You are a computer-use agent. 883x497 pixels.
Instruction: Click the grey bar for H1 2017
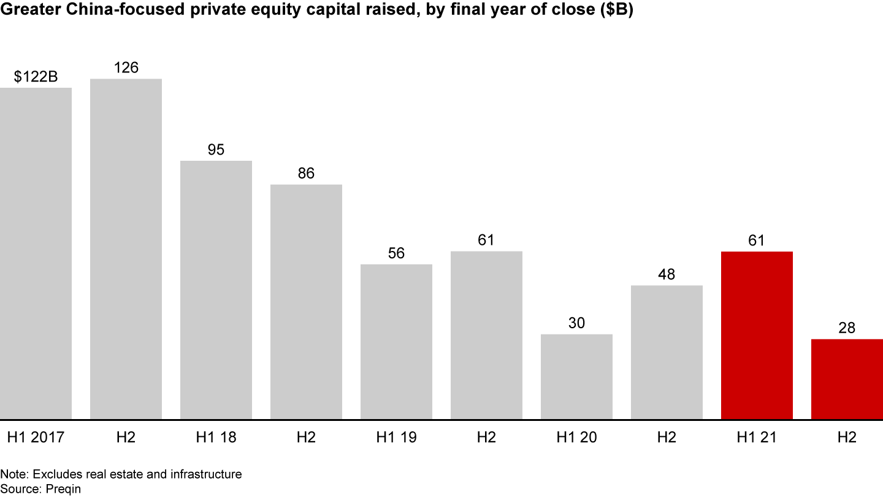(36, 253)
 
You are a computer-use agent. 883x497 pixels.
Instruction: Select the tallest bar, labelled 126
(126, 249)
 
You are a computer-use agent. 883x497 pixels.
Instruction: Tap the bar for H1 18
(216, 290)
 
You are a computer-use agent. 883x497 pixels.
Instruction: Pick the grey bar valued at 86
(306, 302)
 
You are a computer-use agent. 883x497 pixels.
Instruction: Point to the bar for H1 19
(396, 342)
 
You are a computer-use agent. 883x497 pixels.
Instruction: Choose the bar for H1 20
(576, 377)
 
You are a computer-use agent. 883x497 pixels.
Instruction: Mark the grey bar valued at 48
(667, 352)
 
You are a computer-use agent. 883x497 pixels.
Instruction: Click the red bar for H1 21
(757, 336)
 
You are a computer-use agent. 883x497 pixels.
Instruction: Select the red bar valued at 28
(847, 379)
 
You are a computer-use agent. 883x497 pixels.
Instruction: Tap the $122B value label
(36, 77)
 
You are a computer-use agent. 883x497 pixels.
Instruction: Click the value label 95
(216, 150)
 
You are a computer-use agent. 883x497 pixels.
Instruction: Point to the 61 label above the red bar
(757, 241)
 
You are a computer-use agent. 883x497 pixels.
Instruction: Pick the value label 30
(576, 323)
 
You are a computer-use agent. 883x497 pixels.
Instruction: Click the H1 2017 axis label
(36, 437)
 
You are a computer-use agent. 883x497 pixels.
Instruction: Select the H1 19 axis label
(396, 437)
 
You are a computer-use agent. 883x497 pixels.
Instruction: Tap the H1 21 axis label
(757, 437)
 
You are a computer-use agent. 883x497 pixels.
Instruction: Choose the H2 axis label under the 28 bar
(847, 437)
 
